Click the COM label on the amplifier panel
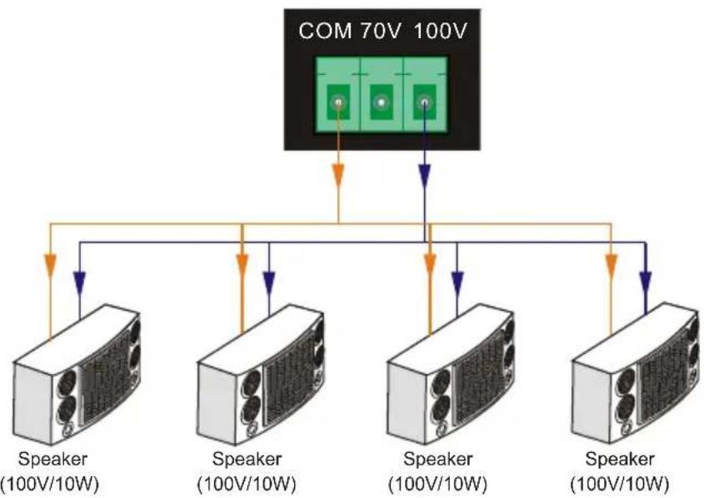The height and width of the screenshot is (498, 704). [x=325, y=32]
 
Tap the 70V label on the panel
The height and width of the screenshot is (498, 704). [x=380, y=32]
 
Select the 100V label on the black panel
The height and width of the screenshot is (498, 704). [x=440, y=32]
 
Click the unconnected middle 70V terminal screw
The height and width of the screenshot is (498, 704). [x=382, y=102]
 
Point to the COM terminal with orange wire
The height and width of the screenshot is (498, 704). [x=338, y=102]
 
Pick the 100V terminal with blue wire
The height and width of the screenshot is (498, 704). [x=424, y=102]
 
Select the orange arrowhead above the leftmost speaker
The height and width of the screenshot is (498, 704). [x=50, y=266]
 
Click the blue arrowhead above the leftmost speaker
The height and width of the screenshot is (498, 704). [x=79, y=282]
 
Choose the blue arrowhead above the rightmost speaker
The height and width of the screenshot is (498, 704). [x=646, y=282]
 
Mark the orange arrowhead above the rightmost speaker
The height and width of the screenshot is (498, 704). [x=611, y=266]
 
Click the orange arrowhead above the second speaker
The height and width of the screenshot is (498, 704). [x=242, y=266]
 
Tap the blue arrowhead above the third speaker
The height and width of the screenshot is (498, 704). [x=457, y=282]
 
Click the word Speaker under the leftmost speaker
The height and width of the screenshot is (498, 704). [x=52, y=459]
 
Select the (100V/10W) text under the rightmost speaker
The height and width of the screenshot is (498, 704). [x=620, y=484]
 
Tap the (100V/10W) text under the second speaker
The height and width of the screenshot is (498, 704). [x=247, y=484]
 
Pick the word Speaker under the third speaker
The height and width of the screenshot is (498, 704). [x=437, y=459]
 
